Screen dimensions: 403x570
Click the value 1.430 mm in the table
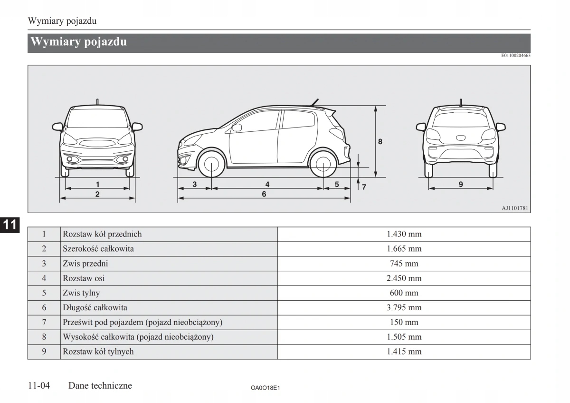coord(404,234)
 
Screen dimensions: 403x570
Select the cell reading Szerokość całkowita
coord(98,249)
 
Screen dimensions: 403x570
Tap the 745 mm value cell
coord(404,264)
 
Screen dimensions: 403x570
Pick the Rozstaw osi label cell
coord(84,278)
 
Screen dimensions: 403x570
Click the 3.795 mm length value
coord(404,308)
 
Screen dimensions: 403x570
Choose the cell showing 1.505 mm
coord(404,337)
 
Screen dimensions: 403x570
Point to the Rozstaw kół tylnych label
coord(98,352)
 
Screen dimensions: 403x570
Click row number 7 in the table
coord(44,323)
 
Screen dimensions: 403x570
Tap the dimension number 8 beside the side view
coord(380,141)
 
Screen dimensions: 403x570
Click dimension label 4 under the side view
coord(267,184)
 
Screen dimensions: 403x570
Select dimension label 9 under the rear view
coord(461,184)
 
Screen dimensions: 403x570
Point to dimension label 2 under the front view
coord(97,194)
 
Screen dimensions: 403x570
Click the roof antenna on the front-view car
coord(97,101)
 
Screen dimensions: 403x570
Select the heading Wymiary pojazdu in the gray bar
coord(79,42)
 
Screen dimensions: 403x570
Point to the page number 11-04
coord(39,386)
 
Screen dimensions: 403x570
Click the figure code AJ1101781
coord(515,208)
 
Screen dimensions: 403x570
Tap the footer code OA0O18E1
coord(265,388)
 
